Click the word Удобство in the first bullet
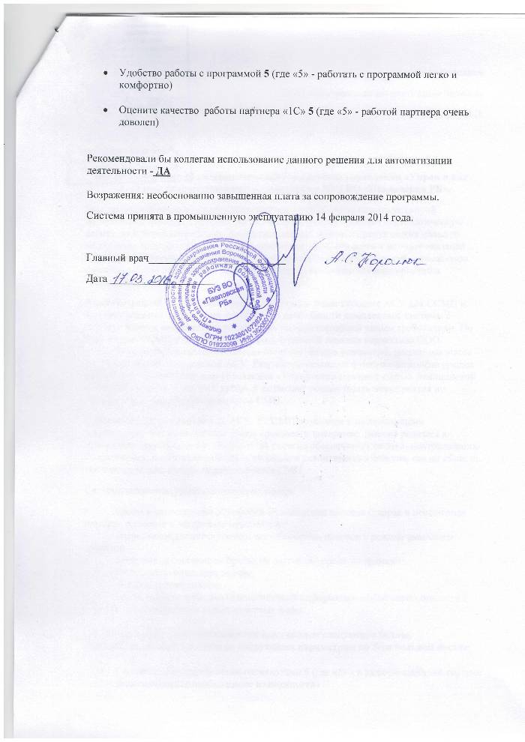pyautogui.click(x=139, y=73)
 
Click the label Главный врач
pyautogui.click(x=115, y=259)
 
